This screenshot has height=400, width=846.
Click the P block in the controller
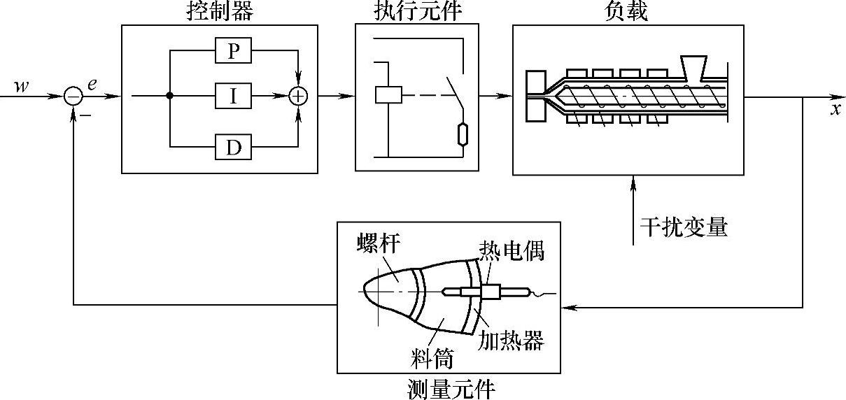tap(233, 51)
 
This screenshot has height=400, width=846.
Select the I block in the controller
tap(233, 96)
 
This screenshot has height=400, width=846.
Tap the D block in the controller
tap(233, 147)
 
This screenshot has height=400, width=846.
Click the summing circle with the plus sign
tap(299, 96)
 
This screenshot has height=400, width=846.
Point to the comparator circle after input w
tap(73, 96)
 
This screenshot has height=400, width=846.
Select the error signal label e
tap(92, 85)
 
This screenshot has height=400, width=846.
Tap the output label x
tap(836, 110)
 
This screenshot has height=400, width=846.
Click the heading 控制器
tap(218, 11)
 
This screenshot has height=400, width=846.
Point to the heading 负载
tap(628, 11)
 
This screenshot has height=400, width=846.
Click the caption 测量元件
tap(451, 388)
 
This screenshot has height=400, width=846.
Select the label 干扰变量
tap(684, 227)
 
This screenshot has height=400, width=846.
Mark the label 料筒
tap(430, 359)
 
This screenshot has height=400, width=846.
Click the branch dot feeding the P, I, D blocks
tap(170, 96)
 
